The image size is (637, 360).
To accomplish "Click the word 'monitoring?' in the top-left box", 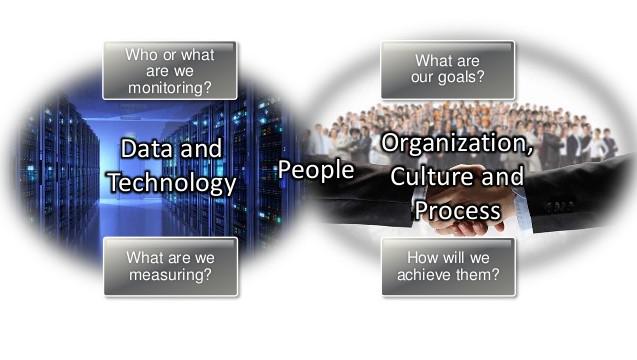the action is (170, 88).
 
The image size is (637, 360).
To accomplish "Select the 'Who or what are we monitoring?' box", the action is (170, 70).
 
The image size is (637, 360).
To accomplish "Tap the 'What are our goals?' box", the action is (448, 69).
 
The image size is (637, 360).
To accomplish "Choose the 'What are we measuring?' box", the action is (171, 267).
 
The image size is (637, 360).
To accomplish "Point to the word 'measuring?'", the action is (170, 275).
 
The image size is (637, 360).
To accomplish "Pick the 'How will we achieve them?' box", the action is (448, 267).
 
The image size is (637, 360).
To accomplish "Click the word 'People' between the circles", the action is (316, 170).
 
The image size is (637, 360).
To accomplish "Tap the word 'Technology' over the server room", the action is (172, 183).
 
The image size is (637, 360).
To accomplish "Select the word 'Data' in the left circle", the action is (147, 148).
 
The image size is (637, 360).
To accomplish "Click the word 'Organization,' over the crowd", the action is (457, 143).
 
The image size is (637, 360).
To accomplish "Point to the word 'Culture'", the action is (432, 176).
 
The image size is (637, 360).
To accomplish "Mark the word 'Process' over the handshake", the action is (457, 210).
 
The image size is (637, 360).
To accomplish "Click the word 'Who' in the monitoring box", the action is (139, 55).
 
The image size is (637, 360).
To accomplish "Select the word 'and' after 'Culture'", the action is (503, 176).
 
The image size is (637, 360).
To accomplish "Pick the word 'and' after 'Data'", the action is (201, 148).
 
